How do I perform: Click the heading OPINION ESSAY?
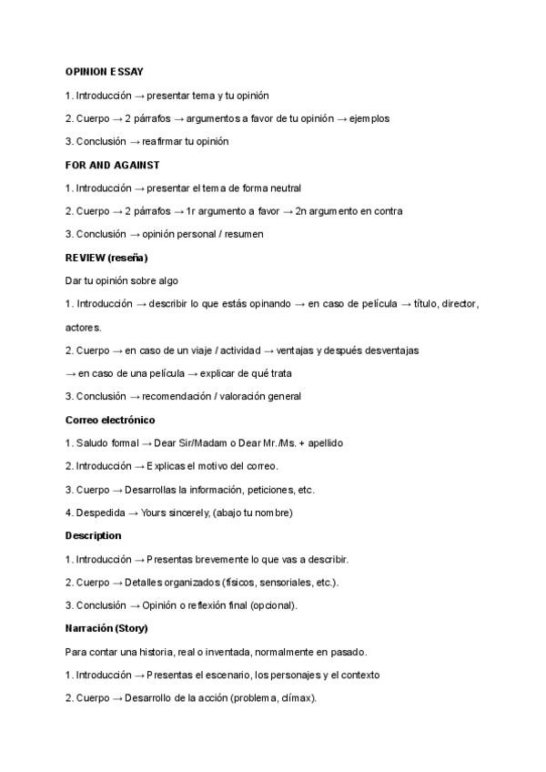104,72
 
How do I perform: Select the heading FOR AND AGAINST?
112,165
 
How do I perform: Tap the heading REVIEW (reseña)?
106,258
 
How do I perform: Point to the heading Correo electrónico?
110,420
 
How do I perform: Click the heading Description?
93,535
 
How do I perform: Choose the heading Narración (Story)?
106,628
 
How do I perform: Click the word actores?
84,328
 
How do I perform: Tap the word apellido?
324,443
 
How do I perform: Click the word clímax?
296,698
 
